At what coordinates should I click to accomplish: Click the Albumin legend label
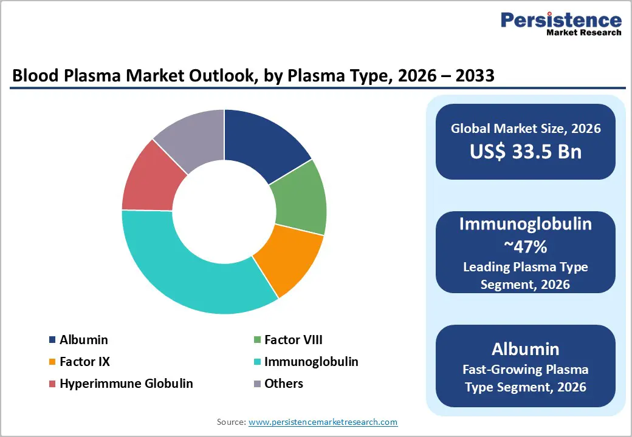(84, 340)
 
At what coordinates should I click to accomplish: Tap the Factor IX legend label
(84, 362)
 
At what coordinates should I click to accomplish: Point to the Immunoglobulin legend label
(311, 362)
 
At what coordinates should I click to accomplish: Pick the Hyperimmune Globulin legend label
(126, 384)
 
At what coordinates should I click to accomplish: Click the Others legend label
(284, 384)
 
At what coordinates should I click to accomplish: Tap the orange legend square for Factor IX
(52, 362)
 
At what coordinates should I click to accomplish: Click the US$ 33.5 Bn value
(526, 151)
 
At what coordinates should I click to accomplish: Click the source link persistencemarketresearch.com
(323, 422)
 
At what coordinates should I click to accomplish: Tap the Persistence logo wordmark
(561, 20)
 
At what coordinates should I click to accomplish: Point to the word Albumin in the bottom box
(526, 349)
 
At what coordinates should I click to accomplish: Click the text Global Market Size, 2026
(526, 128)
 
